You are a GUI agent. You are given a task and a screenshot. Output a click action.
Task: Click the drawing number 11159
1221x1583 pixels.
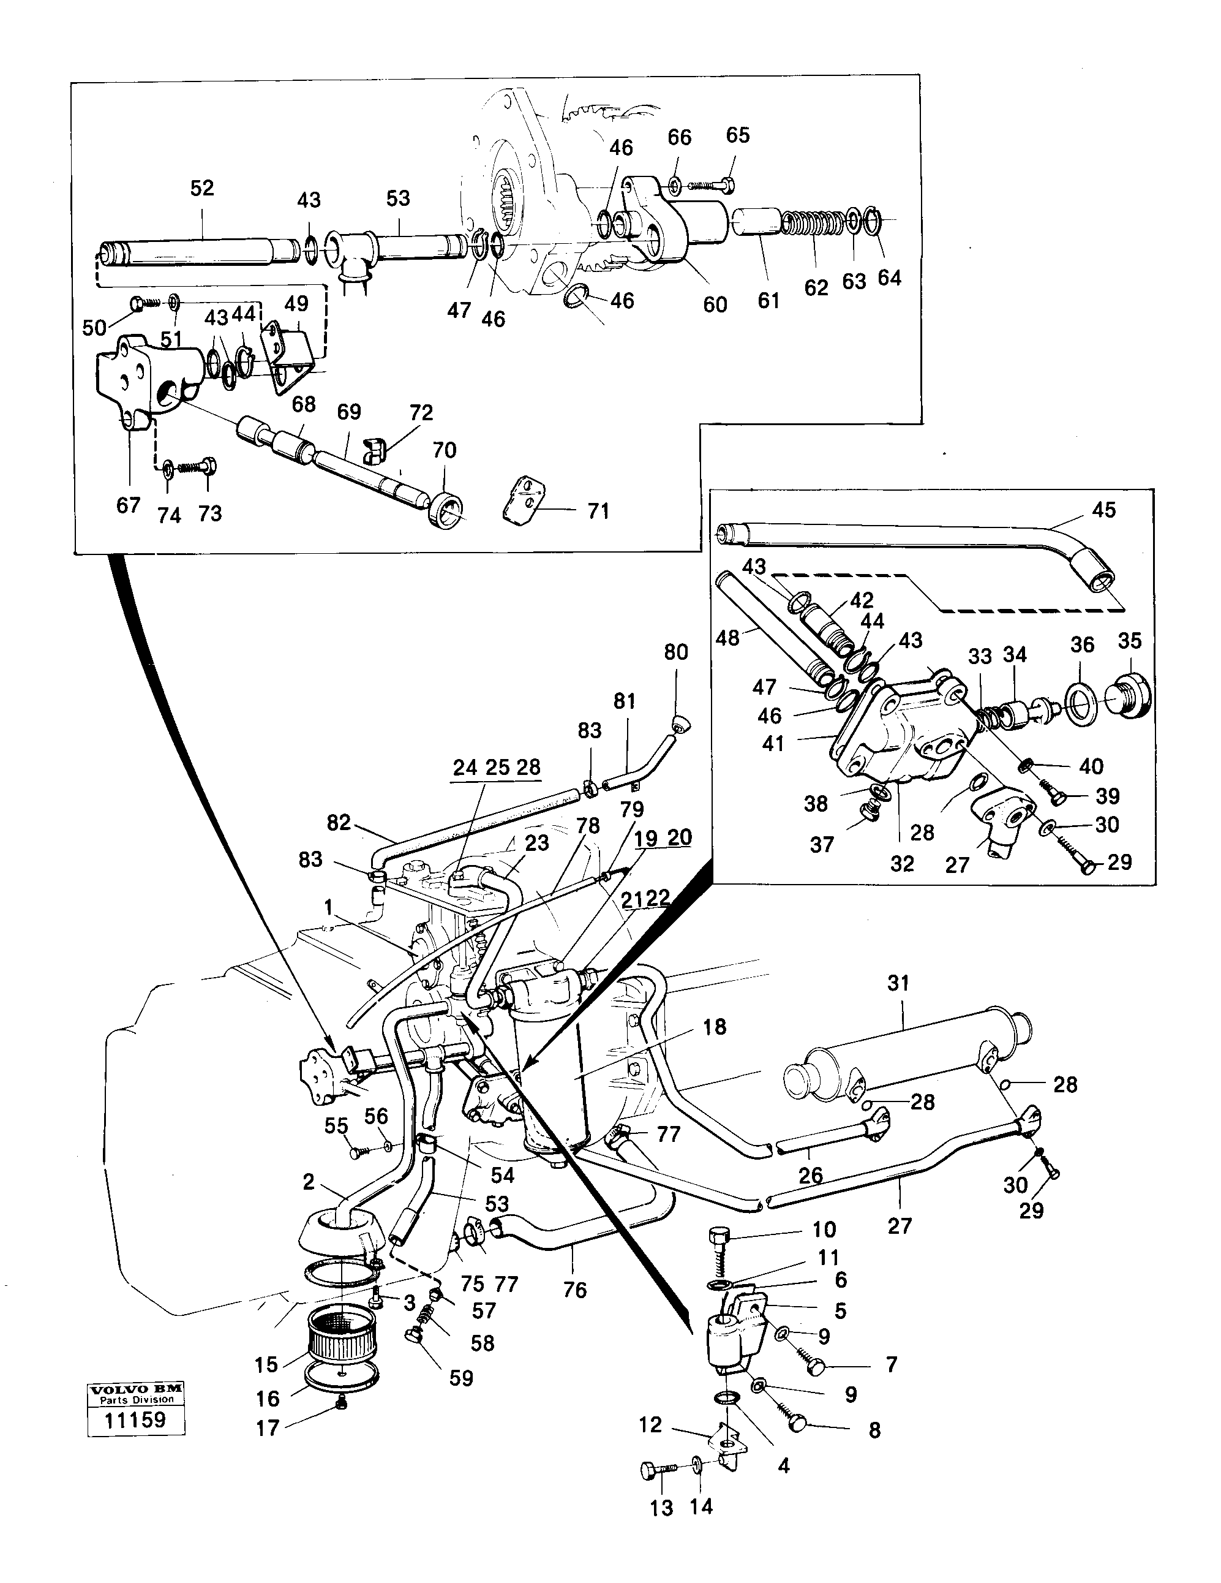(135, 1419)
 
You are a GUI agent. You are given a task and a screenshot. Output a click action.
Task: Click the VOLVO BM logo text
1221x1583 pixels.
(135, 1389)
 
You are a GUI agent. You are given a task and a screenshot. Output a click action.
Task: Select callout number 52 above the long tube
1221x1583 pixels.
(202, 189)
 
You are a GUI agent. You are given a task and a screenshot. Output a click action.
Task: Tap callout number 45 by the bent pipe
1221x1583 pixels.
(1103, 510)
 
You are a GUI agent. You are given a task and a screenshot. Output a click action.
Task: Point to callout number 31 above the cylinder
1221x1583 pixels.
(898, 984)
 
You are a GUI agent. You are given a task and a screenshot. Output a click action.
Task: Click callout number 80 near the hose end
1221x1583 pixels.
(675, 652)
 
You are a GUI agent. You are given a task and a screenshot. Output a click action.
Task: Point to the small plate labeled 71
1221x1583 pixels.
(522, 499)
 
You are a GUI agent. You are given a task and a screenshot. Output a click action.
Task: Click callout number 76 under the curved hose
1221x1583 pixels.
(574, 1290)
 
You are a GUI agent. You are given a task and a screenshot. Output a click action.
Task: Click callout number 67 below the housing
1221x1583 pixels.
(128, 505)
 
